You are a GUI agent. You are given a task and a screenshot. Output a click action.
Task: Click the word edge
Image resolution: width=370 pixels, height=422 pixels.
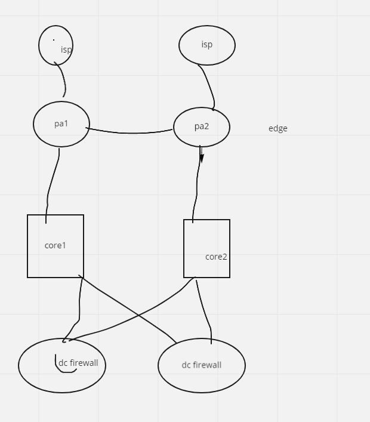click(278, 128)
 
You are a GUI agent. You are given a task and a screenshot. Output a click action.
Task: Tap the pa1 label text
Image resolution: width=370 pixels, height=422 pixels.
click(61, 124)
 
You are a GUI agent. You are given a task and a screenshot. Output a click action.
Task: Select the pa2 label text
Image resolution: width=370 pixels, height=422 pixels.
click(202, 127)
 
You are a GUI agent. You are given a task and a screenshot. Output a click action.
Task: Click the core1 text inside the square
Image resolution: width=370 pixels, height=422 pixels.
click(55, 245)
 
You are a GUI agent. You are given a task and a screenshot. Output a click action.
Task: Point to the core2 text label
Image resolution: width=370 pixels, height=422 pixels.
click(216, 257)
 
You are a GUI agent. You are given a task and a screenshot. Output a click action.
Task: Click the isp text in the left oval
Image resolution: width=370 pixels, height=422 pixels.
click(66, 50)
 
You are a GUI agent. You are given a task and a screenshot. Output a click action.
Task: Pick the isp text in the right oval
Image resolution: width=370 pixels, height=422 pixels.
click(207, 44)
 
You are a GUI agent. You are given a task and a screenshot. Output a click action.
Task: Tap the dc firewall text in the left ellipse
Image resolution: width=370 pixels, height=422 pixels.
click(78, 363)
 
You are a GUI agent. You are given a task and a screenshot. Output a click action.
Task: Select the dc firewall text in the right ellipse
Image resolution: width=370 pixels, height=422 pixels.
click(202, 365)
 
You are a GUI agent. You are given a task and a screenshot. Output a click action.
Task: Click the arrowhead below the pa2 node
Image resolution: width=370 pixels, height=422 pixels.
click(202, 158)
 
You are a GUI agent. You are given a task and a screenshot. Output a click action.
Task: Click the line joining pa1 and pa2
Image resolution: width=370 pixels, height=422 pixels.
click(131, 132)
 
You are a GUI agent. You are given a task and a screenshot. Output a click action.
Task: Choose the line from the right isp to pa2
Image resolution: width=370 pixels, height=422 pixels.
click(208, 87)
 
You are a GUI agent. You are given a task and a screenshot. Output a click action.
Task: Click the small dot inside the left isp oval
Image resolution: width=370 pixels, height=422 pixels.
click(54, 40)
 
